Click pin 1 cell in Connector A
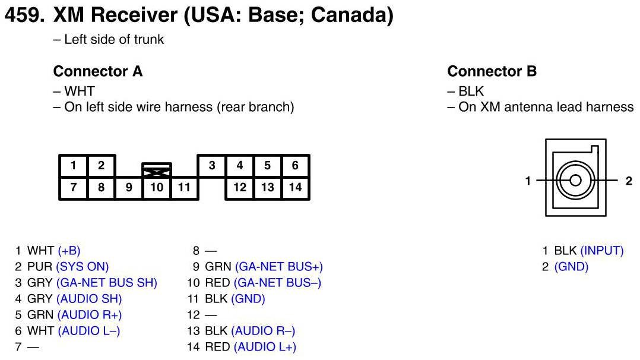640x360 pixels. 74,166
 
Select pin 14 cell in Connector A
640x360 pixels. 295,188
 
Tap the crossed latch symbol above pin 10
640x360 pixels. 157,170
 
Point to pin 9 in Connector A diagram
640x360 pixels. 129,188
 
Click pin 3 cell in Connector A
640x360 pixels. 212,166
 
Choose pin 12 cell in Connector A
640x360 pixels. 240,188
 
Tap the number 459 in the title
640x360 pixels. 23,15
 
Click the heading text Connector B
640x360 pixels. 492,72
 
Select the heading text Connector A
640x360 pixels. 98,72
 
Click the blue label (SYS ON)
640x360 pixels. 83,267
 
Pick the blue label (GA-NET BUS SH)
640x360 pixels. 107,283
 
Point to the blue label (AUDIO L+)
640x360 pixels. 265,347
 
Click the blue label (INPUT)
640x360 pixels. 602,251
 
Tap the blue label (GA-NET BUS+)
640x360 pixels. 279,267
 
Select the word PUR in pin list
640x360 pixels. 40,267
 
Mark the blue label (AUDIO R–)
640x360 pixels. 263,331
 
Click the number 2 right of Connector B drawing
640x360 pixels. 629,181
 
